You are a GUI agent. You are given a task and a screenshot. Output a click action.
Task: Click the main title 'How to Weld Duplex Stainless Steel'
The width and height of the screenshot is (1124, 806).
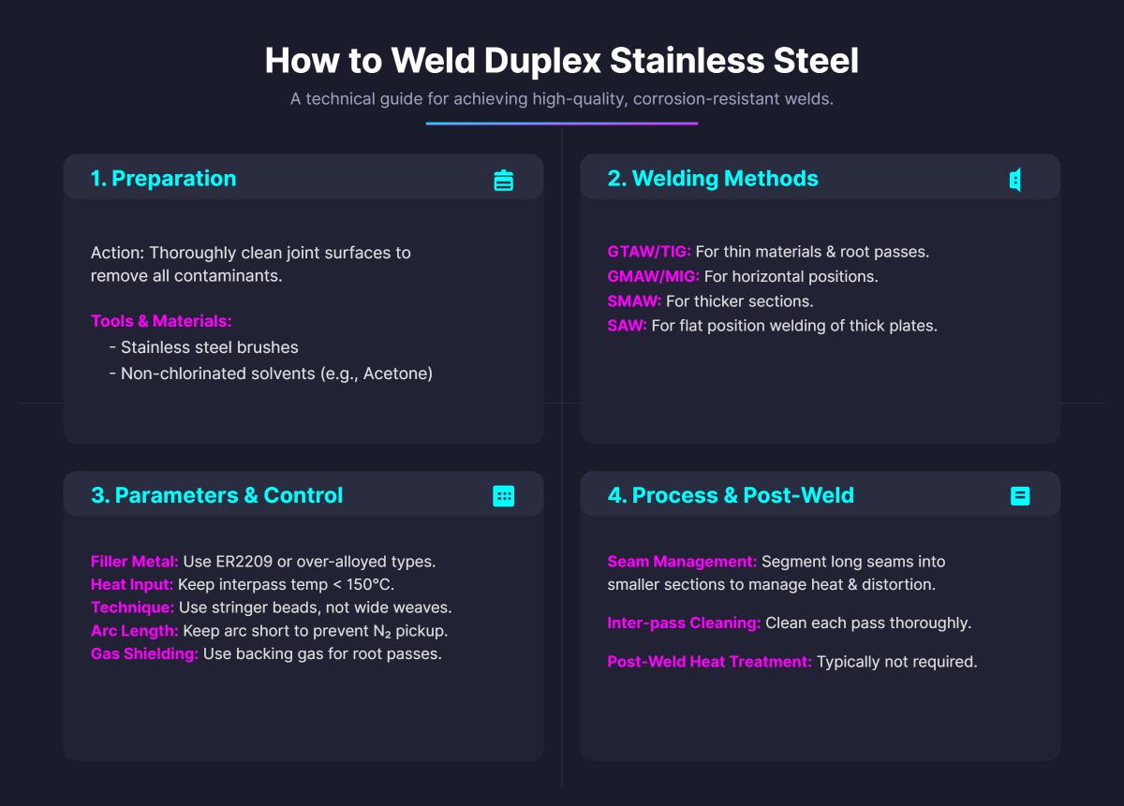coord(561,61)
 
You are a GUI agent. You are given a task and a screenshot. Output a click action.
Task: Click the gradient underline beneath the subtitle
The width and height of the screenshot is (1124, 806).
coord(561,124)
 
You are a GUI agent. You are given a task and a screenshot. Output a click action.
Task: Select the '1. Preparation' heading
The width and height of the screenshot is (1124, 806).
coord(163,179)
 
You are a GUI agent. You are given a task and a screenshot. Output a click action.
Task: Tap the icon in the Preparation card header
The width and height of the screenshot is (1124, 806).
coord(504,180)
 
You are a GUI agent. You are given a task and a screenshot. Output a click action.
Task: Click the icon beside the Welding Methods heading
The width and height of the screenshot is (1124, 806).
coord(1015,180)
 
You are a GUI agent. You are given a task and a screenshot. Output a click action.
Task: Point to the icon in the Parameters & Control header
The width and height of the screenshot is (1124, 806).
coord(504,496)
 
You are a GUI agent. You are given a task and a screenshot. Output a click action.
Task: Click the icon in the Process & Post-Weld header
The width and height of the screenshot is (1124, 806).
coord(1020,496)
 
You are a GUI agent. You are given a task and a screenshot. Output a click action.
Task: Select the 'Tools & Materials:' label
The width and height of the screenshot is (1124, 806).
coord(161,321)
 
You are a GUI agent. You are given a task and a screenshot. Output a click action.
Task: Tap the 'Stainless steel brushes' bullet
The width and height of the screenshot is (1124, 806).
coord(209,347)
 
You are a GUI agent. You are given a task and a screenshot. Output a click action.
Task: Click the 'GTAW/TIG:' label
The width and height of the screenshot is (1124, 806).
coord(649,252)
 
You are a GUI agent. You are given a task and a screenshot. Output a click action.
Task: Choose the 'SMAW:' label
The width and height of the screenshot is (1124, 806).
coord(634,301)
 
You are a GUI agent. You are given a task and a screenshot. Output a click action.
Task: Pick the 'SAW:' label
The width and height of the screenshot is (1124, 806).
coord(627,326)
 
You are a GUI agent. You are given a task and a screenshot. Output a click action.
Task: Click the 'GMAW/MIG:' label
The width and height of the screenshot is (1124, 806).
coord(653,277)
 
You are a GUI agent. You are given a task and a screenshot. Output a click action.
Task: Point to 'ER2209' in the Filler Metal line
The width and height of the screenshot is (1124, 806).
coord(238,562)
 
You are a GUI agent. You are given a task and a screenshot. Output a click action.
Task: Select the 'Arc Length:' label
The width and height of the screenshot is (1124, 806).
coord(134,631)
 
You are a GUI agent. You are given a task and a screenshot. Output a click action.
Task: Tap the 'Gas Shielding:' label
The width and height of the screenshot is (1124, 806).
coord(144,653)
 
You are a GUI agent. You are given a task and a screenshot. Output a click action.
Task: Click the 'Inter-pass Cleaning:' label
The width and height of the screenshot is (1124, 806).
coord(684,623)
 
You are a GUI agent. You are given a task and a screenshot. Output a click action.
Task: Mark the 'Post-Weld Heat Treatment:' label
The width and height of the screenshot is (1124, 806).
coord(709,662)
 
